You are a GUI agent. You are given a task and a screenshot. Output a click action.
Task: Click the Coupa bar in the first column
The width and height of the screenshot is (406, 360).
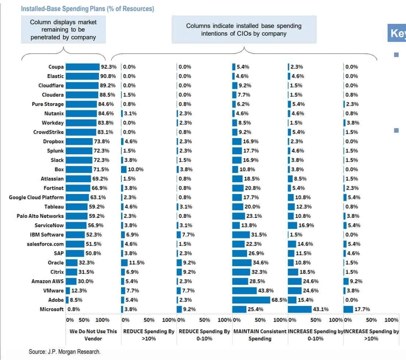(x=83, y=67)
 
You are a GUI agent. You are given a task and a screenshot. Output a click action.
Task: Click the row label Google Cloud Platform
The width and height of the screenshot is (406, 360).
(x=36, y=197)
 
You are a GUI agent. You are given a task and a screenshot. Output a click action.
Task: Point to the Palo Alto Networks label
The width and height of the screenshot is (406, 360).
(x=40, y=216)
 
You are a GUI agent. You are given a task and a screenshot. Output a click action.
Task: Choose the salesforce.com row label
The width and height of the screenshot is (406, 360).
(x=45, y=244)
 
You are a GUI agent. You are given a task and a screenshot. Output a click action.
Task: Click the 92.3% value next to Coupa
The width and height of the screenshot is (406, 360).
(x=108, y=67)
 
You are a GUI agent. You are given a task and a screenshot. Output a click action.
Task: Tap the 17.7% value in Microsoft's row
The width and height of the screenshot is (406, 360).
(x=362, y=309)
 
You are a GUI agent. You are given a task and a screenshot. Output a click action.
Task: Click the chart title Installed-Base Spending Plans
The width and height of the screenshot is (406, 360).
(x=88, y=9)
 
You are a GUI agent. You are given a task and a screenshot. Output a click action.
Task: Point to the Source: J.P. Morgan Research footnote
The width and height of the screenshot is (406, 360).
(x=64, y=352)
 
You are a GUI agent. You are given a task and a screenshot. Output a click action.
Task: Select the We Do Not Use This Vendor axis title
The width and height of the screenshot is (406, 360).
(x=93, y=335)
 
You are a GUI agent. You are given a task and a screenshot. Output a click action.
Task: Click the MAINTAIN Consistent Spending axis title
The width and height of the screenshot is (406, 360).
(x=260, y=335)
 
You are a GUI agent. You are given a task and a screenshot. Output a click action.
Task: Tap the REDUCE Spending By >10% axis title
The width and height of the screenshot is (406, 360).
(x=149, y=335)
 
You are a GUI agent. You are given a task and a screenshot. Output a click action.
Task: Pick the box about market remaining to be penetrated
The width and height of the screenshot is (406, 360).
(x=63, y=29)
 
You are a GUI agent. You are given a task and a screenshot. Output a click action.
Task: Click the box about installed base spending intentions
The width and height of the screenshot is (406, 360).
(x=244, y=29)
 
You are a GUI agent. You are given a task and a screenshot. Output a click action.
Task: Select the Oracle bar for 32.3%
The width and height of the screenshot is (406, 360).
(x=72, y=263)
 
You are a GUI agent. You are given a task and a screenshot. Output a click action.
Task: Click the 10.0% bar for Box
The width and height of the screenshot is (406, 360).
(x=124, y=169)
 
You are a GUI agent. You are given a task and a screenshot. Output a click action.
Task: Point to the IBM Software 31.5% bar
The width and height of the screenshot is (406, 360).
(x=241, y=235)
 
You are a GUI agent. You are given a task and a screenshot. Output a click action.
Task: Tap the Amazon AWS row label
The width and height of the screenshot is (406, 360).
(x=47, y=281)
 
